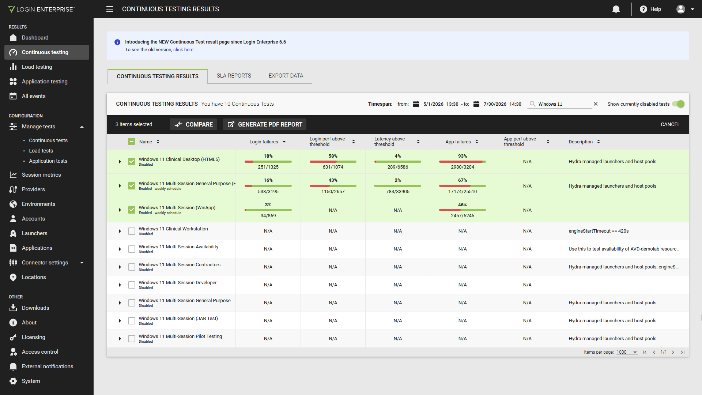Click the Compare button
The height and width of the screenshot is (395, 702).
(x=193, y=124)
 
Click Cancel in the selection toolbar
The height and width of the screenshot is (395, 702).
(x=670, y=124)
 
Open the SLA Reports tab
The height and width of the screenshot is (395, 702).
(x=234, y=76)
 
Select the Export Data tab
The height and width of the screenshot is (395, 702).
(x=286, y=76)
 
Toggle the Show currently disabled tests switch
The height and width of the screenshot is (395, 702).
(x=678, y=104)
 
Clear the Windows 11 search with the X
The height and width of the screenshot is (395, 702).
(x=596, y=104)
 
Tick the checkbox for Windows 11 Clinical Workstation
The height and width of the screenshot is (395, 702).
(x=132, y=231)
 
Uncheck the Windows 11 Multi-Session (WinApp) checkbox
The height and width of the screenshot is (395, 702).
(x=132, y=210)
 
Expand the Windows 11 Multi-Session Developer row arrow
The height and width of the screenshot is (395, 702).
(x=120, y=285)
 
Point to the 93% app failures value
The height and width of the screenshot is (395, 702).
(x=463, y=156)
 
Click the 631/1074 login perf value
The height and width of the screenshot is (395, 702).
(x=333, y=167)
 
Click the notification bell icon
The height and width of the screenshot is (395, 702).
(x=616, y=9)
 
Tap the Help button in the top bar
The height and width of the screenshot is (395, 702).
(x=650, y=9)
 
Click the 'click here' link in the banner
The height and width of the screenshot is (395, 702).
(x=183, y=50)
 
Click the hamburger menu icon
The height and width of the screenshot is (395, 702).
(x=110, y=9)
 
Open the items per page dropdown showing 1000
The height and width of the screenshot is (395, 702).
(x=627, y=352)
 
